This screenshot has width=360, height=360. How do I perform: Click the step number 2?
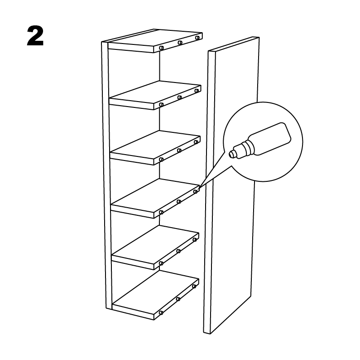[x=35, y=36]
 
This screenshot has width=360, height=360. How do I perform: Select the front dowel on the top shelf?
[x=161, y=48]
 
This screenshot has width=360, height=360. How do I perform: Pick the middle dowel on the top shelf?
[x=180, y=42]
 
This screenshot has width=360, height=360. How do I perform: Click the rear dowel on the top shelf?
[x=197, y=38]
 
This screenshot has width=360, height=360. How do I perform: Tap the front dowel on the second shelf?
[x=161, y=105]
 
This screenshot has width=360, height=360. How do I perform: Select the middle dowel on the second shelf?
[x=179, y=97]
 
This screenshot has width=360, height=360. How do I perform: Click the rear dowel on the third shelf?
[x=196, y=142]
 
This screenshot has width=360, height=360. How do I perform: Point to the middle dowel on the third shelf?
[x=179, y=151]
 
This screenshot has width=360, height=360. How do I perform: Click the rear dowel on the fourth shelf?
[x=195, y=191]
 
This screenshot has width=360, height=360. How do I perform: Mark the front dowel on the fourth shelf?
[x=161, y=212]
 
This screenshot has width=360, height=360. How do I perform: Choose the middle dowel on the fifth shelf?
[x=178, y=251]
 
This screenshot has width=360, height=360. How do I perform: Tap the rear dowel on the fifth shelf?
[x=195, y=240]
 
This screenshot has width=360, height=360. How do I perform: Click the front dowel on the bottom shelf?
[x=161, y=313]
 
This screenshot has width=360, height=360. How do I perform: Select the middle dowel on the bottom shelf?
[x=178, y=299]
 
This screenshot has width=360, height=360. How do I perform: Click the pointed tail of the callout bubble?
[x=199, y=188]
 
